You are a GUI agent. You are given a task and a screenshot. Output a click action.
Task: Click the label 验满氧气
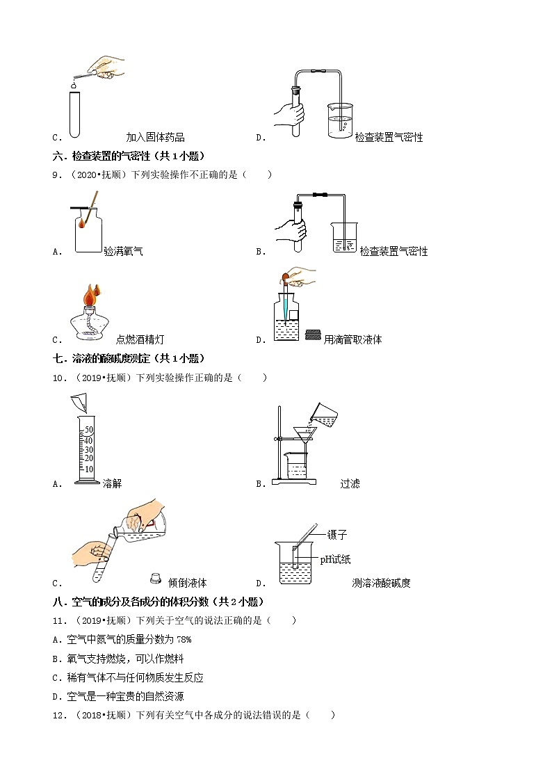coord(123,251)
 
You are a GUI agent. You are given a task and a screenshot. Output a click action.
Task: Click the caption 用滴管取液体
coord(352,339)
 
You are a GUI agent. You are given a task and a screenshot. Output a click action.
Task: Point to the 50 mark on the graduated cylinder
coord(88,429)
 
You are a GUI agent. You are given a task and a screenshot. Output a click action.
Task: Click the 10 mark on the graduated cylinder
coord(88,468)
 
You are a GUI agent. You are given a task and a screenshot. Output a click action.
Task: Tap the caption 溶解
coord(112,483)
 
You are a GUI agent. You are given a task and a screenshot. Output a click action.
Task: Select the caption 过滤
coord(350,483)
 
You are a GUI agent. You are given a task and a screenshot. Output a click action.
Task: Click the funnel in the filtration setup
coord(304,435)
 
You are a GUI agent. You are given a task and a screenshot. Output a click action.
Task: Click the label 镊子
coord(336,535)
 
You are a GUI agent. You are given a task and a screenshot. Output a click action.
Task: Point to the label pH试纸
coord(335,559)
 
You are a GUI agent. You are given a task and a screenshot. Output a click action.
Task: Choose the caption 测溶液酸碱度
coord(381,583)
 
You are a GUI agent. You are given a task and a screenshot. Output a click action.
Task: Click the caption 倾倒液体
coord(188,583)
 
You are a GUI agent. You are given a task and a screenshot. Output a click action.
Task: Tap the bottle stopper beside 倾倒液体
coord(156,579)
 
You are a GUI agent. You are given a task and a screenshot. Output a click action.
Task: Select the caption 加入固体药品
coord(155,137)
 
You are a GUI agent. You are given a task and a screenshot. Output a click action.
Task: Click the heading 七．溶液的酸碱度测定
coord(129,358)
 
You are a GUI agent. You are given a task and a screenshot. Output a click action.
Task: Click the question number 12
coord(58,715)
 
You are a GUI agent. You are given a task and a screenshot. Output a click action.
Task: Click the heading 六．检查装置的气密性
coord(129,156)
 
